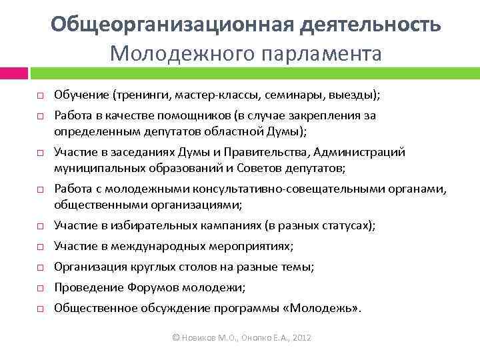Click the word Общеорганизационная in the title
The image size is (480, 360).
(x=172, y=25)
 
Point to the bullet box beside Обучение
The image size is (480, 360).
(x=39, y=97)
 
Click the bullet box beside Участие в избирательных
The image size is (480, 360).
(x=39, y=227)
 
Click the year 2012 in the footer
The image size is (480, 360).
(x=301, y=338)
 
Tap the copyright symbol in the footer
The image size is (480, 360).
(x=175, y=338)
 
